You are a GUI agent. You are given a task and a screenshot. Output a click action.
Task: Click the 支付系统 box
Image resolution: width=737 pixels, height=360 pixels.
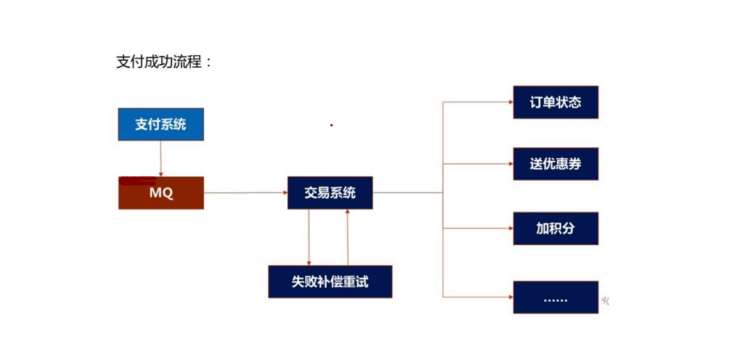(x=161, y=124)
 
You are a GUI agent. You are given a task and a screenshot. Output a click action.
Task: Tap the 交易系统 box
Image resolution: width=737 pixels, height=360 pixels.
(x=330, y=193)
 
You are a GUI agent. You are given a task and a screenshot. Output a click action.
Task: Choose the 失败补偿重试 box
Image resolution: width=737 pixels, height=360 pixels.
(x=330, y=282)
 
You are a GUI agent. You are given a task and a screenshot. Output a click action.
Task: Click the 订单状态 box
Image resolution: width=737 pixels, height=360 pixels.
(x=555, y=102)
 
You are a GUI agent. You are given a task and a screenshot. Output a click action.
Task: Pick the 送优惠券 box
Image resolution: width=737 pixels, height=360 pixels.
(x=555, y=164)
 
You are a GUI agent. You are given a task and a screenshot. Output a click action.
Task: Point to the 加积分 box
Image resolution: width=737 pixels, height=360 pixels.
(x=555, y=228)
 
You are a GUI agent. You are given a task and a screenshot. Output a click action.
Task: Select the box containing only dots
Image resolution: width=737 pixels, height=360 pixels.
(x=555, y=297)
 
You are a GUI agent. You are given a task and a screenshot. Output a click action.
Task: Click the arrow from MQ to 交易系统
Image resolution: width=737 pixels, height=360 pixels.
(x=245, y=193)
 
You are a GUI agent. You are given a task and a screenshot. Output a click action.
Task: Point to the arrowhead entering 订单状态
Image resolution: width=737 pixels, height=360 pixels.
(x=510, y=102)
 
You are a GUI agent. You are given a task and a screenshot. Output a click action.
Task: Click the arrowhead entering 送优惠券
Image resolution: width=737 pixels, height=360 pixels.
(x=510, y=164)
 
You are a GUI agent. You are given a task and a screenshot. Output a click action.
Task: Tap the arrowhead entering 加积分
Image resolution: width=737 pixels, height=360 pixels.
(x=510, y=228)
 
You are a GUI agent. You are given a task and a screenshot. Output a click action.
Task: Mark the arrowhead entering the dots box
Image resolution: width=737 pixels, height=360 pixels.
(x=510, y=297)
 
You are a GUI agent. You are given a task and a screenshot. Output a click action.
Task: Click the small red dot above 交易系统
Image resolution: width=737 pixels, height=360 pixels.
(x=331, y=125)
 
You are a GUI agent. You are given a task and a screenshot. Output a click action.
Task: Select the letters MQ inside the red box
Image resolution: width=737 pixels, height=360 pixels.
(x=161, y=193)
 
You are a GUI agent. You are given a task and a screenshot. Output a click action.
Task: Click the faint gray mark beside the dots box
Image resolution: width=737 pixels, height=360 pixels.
(x=605, y=301)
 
